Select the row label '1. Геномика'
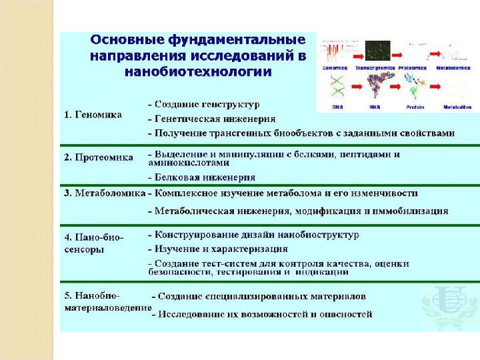point(93,115)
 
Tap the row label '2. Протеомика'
point(99,158)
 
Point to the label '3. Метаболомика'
point(104,193)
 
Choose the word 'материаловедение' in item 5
point(107,308)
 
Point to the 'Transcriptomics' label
point(375,68)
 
